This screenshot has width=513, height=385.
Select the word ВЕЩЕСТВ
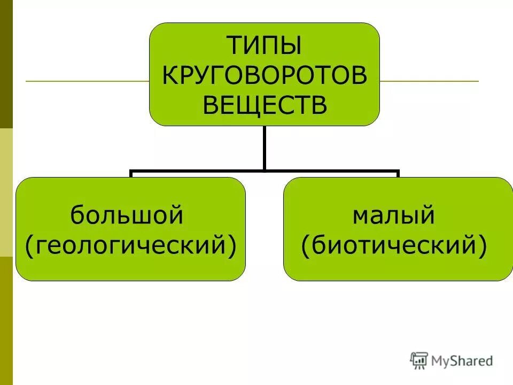[264, 105]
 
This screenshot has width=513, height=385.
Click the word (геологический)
[131, 245]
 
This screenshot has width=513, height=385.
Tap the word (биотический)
[394, 245]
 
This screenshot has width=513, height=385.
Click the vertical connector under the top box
[264, 148]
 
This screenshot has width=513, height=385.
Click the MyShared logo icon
[419, 360]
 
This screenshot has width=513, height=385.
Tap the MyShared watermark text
[462, 361]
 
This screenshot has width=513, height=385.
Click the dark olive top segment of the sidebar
[6, 64]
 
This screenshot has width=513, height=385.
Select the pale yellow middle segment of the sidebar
[6, 192]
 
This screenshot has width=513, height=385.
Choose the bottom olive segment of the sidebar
[6, 321]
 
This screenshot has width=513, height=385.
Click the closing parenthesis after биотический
[482, 247]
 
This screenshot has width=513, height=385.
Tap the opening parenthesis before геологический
[30, 247]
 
